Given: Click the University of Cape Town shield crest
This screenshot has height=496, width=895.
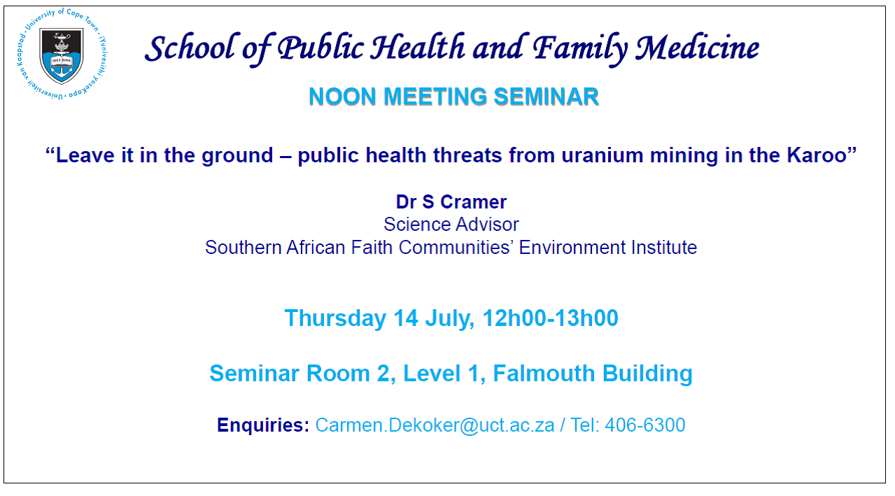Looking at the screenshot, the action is point(62,55).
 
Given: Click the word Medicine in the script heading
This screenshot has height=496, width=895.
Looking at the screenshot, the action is point(697,48).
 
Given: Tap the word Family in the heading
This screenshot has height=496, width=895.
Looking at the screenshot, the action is point(580,49).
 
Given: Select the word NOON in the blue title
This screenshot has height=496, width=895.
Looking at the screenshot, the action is point(343,97).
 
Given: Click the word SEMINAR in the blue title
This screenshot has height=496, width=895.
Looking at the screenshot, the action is point(547,97).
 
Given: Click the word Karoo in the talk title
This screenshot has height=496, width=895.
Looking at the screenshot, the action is point(817,155).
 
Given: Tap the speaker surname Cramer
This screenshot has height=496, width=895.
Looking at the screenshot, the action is point(474,202).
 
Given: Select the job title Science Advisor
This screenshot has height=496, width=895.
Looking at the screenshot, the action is point(451,225).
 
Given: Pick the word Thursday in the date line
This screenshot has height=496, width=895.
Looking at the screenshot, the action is point(335,319).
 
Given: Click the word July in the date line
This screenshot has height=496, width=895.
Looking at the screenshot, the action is point(449,319).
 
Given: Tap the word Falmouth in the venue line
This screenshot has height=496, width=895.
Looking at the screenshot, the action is point(544,374).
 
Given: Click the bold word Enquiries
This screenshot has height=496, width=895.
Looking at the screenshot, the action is point(263,425).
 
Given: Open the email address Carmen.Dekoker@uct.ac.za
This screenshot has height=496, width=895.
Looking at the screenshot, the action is point(435,425).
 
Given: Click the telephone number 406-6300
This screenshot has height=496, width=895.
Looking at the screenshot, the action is point(645,425).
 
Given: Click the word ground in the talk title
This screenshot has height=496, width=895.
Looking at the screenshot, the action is point(237,156).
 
